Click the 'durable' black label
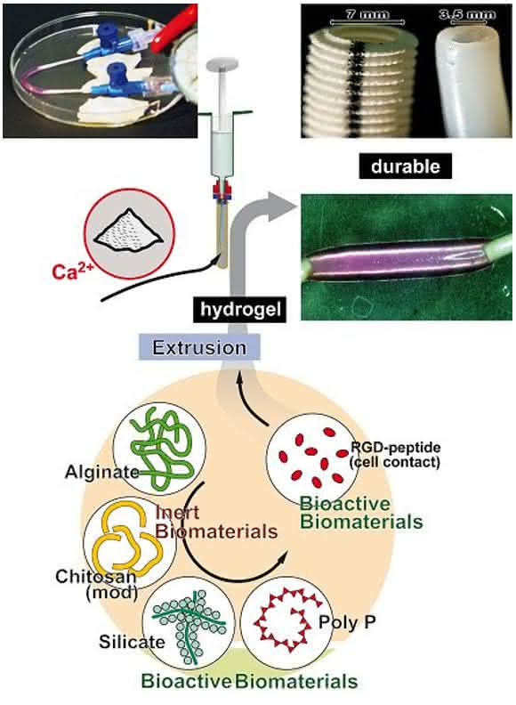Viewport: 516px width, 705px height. coord(406,166)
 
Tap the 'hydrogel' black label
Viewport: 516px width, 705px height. coord(240,310)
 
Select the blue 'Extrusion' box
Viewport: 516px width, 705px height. coord(199,347)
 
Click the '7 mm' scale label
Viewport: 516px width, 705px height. coord(367,14)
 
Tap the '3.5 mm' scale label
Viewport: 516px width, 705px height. coord(467,15)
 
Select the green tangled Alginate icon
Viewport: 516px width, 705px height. coord(160,448)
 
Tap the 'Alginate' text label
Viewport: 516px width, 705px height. coord(102,472)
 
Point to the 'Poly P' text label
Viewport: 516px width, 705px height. coord(347,623)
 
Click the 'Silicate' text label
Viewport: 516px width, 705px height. coord(133,642)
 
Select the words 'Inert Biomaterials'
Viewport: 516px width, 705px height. coord(216,522)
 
